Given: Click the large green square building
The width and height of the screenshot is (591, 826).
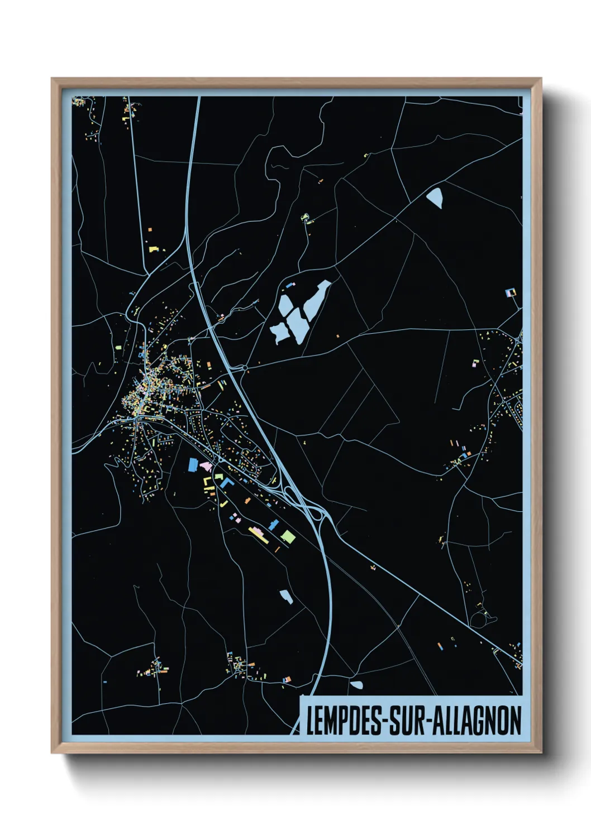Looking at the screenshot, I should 288,537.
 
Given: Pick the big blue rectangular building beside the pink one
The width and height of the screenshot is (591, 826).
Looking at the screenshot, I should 193,464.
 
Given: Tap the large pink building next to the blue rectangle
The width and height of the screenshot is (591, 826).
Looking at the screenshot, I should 205,466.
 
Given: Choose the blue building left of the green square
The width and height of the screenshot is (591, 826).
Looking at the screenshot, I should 274,525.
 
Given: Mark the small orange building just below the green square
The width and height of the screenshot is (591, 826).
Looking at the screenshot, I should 278,549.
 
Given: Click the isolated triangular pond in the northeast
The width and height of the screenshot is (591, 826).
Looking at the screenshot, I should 435,198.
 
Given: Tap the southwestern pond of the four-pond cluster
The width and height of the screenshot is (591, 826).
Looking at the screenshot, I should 278,333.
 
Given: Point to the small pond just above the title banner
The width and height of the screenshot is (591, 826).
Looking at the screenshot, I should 356,685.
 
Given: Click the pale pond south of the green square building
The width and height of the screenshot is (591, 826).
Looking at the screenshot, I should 286,597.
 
